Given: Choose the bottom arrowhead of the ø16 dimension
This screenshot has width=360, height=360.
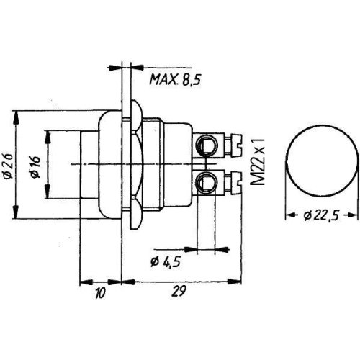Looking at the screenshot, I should pos(47,199).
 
